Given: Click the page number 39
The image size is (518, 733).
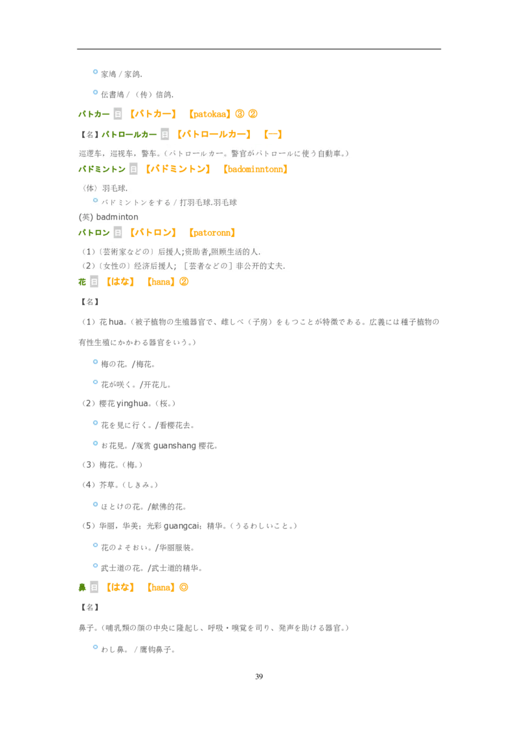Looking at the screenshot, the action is tap(259, 677).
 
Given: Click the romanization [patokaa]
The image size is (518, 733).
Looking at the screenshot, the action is tap(210, 114).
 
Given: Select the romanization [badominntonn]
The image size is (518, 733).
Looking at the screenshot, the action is tap(255, 169).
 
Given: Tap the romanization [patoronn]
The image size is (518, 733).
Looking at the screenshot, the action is tap(212, 233).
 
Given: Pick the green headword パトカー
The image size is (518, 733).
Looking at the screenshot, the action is tap(94, 114).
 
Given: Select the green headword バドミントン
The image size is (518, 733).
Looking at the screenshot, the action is tap(102, 169).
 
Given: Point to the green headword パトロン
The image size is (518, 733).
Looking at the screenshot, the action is tap(94, 233).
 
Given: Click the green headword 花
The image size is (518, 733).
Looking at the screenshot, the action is tap(82, 282).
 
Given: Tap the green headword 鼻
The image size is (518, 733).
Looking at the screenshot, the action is tap(82, 587).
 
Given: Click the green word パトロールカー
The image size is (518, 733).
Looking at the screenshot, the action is tap(129, 135).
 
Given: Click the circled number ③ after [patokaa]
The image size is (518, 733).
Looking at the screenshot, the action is tap(240, 114).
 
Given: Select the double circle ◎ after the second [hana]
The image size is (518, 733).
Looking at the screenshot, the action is tap(184, 587).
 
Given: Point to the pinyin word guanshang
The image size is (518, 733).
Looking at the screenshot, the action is tap(174, 445).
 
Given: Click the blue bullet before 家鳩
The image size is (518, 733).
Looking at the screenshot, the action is tap(95, 72).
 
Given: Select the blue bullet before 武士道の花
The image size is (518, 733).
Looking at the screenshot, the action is tap(95, 566).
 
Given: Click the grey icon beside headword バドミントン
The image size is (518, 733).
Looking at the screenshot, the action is tap(133, 169).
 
